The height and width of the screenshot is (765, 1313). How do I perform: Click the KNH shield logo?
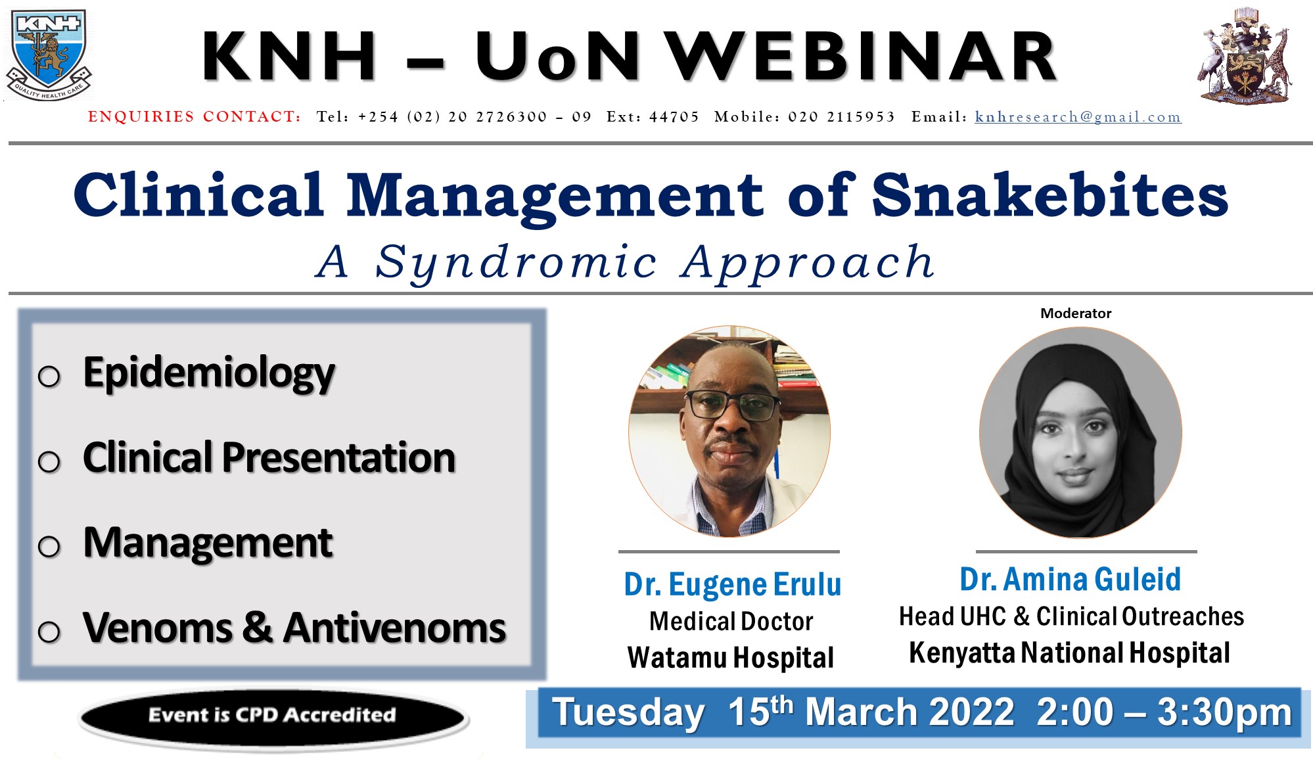pyautogui.click(x=49, y=55)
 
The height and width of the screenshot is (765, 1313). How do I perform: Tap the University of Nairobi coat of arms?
pyautogui.click(x=1244, y=55)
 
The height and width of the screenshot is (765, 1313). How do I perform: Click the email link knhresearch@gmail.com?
pyautogui.click(x=1078, y=117)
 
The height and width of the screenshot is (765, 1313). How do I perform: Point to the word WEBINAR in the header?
pyautogui.click(x=861, y=57)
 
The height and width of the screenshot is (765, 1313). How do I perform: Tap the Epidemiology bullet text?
pyautogui.click(x=209, y=373)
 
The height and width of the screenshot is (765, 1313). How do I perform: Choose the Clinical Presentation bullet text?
pyautogui.click(x=269, y=457)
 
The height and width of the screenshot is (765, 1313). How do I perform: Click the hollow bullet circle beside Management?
pyautogui.click(x=49, y=546)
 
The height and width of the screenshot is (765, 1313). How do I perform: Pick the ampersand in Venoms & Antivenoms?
pyautogui.click(x=258, y=627)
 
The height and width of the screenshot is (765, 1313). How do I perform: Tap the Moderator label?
pyautogui.click(x=1076, y=313)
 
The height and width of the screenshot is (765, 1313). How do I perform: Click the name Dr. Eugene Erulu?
pyautogui.click(x=732, y=584)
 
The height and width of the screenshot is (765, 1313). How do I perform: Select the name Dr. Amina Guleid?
pyautogui.click(x=1071, y=580)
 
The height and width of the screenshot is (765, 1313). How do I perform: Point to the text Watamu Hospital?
pyautogui.click(x=731, y=657)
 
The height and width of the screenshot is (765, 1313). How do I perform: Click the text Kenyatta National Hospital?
pyautogui.click(x=1070, y=653)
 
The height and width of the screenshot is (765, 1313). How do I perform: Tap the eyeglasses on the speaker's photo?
pyautogui.click(x=732, y=405)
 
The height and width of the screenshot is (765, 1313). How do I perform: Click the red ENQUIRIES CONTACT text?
pyautogui.click(x=195, y=117)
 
